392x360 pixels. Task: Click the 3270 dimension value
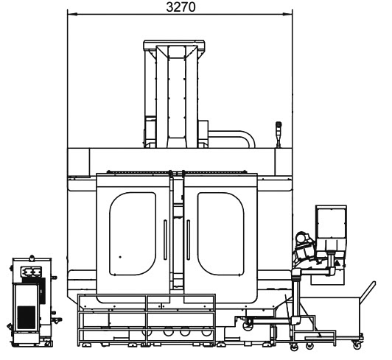(181, 7)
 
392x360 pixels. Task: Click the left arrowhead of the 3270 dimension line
(72, 14)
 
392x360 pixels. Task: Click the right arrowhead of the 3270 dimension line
(287, 14)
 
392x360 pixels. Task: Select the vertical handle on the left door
(165, 240)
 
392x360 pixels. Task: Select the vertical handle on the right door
(188, 240)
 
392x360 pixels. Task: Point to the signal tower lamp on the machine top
(279, 135)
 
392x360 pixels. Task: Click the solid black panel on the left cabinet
(26, 317)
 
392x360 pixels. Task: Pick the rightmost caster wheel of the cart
(357, 345)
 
